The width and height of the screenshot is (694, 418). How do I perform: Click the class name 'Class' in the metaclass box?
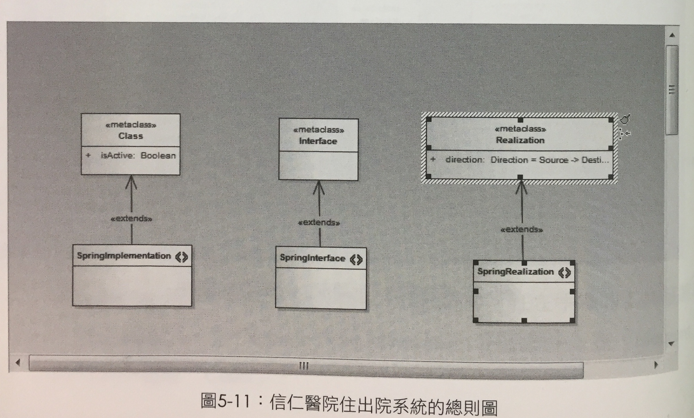[131, 136]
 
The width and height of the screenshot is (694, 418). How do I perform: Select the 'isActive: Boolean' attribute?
[138, 155]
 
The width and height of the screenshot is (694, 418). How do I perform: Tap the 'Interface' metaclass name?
[318, 141]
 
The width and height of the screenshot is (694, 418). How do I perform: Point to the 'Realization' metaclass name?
[520, 140]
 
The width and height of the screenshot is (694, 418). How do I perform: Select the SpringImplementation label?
[124, 256]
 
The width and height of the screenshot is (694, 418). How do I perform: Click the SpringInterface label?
[312, 258]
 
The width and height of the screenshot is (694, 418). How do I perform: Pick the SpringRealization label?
[515, 272]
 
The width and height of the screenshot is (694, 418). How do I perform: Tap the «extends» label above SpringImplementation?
[131, 219]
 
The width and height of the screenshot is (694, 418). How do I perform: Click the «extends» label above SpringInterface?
[319, 223]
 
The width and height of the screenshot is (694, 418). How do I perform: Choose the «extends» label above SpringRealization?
[522, 229]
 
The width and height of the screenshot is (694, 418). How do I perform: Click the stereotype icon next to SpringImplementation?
[182, 257]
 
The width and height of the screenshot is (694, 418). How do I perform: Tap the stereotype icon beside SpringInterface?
[356, 259]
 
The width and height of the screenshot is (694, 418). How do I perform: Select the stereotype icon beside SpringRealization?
[564, 273]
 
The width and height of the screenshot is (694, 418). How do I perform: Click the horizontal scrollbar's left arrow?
[18, 363]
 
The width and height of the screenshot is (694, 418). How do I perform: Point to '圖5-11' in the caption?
[225, 401]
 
